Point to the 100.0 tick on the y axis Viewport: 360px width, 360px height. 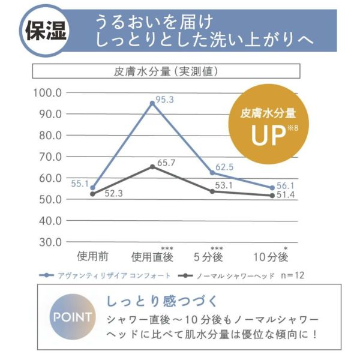pyautogui.click(x=48, y=93)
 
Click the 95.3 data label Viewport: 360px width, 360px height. pyautogui.click(x=163, y=100)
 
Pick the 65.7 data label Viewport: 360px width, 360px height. pyautogui.click(x=165, y=163)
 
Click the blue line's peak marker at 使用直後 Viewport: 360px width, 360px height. pyautogui.click(x=152, y=103)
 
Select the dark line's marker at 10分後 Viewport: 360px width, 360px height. pyautogui.click(x=272, y=196)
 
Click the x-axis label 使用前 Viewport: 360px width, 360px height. pyautogui.click(x=93, y=256)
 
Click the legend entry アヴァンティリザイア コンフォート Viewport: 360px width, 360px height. pyautogui.click(x=108, y=275)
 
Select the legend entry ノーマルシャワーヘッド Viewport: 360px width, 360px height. pyautogui.click(x=231, y=275)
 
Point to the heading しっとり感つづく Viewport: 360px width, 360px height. pyautogui.click(x=161, y=299)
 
